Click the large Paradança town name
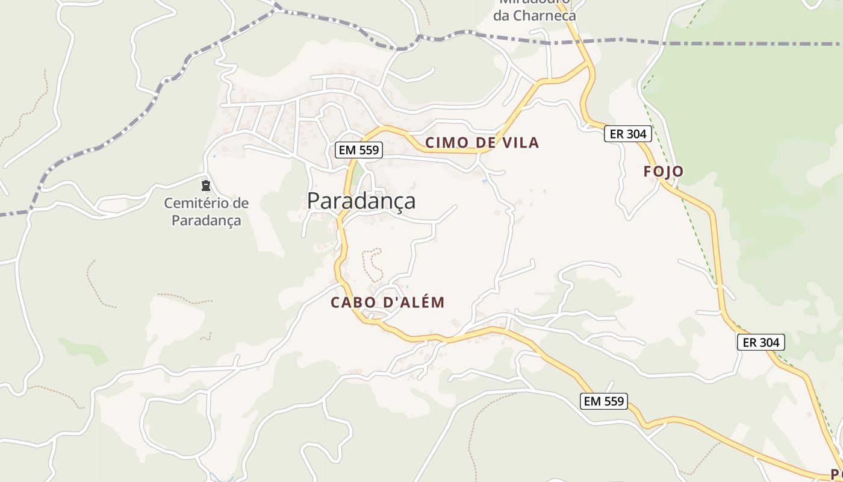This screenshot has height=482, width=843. coord(361,201)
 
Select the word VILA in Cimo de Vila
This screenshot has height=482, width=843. coord(519,143)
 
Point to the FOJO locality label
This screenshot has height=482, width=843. coord(664,172)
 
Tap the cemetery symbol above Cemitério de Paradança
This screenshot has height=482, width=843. coord(206,185)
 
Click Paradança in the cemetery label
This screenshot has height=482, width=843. coord(206,221)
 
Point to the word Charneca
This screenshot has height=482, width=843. coord(543,16)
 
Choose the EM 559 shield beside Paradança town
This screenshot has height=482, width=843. coord(359,150)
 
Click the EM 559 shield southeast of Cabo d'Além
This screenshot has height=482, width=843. coord(604,401)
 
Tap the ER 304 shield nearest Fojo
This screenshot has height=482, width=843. coord(628,134)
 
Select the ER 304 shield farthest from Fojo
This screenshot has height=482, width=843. coord(761,342)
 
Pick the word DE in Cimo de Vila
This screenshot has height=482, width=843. coord(483,143)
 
